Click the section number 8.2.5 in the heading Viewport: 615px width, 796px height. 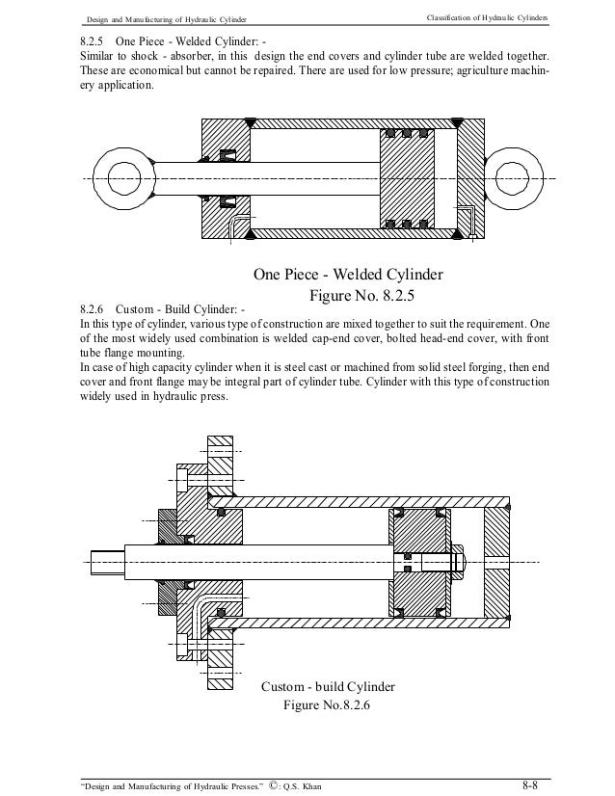93,42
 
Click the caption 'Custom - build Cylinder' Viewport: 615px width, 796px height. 328,687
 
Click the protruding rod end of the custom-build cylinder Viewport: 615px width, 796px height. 104,559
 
